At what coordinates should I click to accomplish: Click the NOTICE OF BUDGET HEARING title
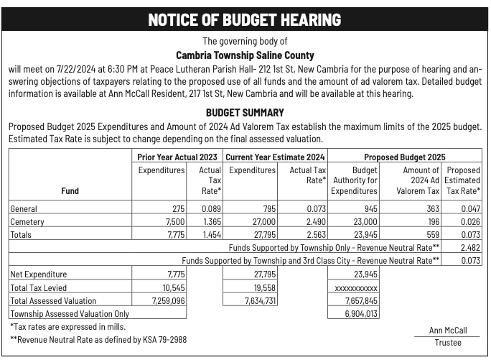tap(245, 19)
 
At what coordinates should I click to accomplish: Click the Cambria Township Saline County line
tap(245, 55)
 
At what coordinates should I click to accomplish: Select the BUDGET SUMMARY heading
tap(245, 113)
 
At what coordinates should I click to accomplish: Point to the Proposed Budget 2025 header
tap(404, 157)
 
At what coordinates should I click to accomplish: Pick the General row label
tap(24, 209)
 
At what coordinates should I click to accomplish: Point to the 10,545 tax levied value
tap(172, 287)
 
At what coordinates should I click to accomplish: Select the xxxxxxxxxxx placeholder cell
tap(356, 287)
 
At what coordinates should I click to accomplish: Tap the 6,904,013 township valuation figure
tap(360, 313)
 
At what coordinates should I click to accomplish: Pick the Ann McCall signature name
tap(447, 331)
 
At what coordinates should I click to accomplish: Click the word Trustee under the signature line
tap(447, 343)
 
